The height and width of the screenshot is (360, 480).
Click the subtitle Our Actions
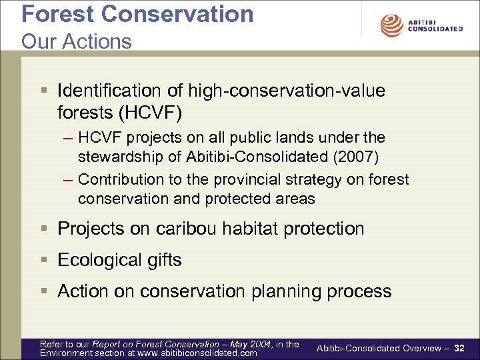[77, 41]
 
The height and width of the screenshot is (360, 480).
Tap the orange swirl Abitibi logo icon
[391, 25]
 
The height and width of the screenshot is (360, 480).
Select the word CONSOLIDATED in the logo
[435, 29]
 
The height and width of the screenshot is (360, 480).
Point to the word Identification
[109, 91]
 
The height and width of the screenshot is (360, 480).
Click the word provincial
[247, 179]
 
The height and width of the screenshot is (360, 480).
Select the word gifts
[165, 260]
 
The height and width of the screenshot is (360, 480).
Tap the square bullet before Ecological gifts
[44, 260]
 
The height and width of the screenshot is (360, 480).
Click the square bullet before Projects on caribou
[44, 229]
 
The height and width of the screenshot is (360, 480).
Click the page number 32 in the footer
[459, 348]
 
